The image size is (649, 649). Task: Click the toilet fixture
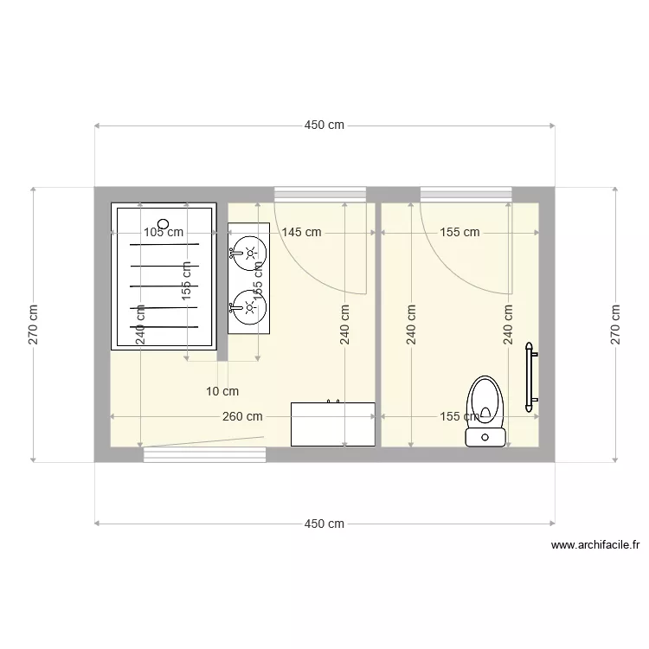(485, 412)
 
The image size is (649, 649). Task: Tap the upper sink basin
(249, 254)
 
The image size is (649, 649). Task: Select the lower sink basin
(249, 307)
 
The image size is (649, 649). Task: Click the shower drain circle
(164, 224)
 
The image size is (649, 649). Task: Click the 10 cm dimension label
(222, 391)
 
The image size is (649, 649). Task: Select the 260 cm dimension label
(242, 416)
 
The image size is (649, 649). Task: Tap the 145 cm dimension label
(302, 232)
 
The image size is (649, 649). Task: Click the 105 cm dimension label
(164, 232)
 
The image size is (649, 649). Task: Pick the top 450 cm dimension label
(324, 125)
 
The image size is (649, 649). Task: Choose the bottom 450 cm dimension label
(324, 524)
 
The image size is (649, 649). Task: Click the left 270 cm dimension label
(33, 324)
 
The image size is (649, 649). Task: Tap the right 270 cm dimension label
(615, 324)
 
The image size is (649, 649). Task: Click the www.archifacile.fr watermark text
(595, 545)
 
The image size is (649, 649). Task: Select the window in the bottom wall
(205, 454)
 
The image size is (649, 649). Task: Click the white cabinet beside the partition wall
(333, 424)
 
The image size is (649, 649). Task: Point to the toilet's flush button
(485, 437)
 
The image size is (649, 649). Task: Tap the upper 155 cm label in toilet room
(459, 232)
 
